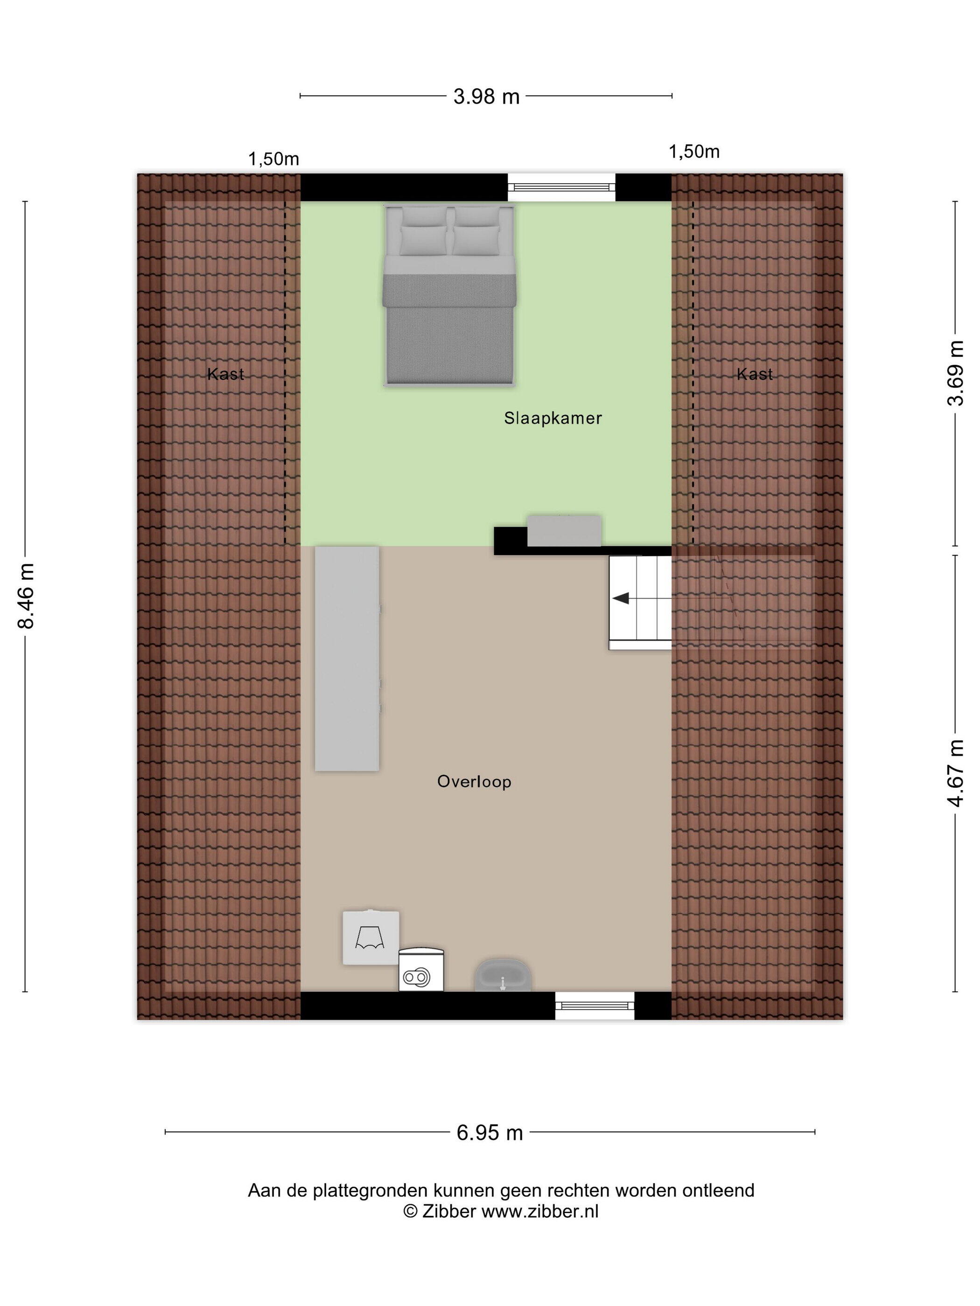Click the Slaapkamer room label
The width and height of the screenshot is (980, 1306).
(x=553, y=418)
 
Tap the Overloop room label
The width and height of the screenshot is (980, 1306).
(x=474, y=782)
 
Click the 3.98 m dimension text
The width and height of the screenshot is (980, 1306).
(x=486, y=96)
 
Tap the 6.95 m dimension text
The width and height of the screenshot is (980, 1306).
(x=490, y=1132)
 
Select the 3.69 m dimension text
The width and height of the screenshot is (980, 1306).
(x=955, y=373)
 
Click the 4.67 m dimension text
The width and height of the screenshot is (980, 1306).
(x=955, y=773)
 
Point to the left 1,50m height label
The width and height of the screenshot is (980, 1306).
(x=273, y=159)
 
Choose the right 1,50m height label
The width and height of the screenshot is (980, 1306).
(x=693, y=152)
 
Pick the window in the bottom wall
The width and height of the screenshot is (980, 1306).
(x=594, y=1006)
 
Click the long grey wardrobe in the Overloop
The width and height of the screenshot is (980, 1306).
(x=347, y=658)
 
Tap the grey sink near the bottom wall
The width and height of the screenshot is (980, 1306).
(x=502, y=975)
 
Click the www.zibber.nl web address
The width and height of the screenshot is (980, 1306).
(x=540, y=1211)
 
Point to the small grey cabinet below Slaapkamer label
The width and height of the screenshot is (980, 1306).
(x=564, y=530)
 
